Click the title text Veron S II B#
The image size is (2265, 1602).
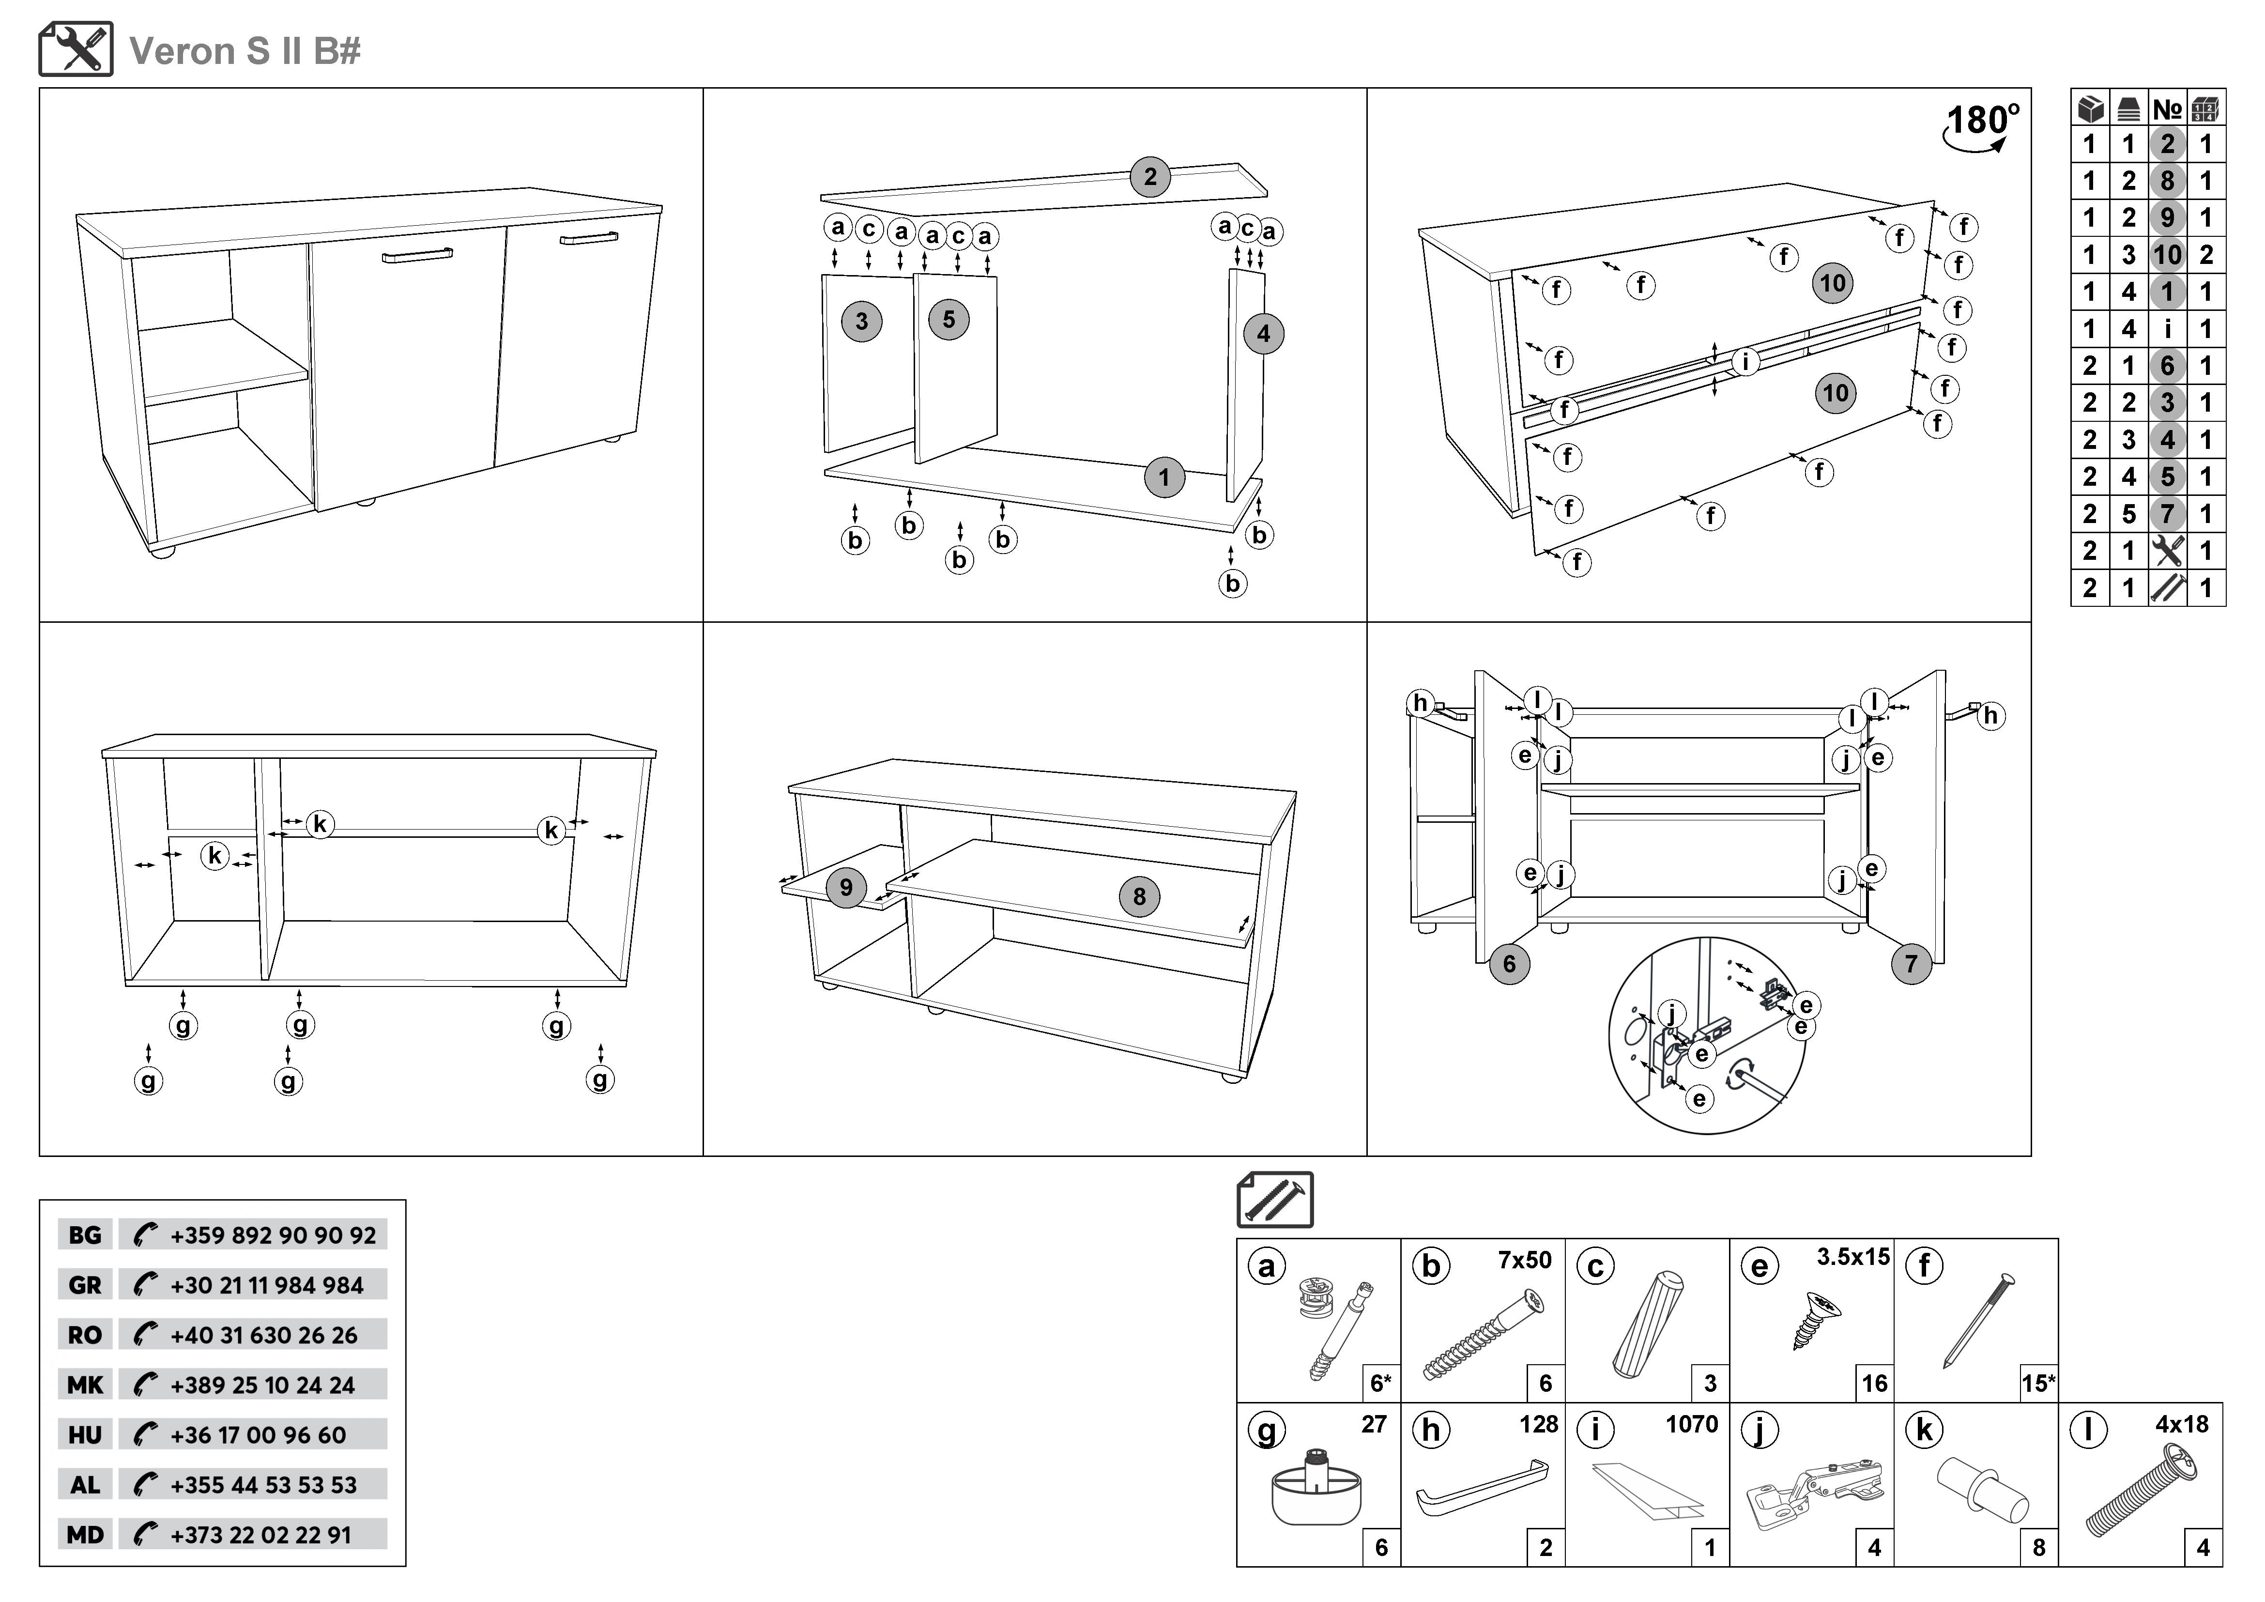point(245,51)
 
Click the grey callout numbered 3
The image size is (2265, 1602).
point(861,322)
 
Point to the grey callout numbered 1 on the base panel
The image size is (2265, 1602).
point(1164,478)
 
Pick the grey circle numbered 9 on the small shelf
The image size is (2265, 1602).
point(845,887)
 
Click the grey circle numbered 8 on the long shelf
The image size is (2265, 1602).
point(1139,897)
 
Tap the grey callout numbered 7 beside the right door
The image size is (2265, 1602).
point(1911,964)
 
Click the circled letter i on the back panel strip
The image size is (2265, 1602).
point(1745,362)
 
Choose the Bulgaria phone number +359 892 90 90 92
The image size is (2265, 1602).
point(273,1235)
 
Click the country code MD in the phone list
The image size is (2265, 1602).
point(85,1535)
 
